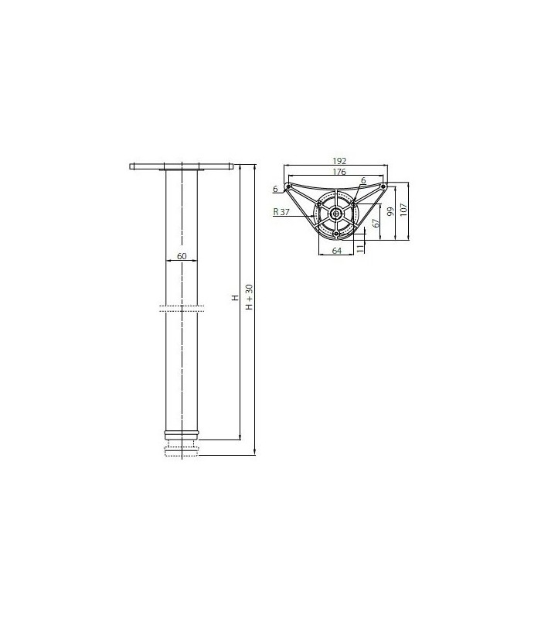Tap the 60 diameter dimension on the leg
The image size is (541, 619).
pyautogui.click(x=182, y=256)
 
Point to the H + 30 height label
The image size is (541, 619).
pyautogui.click(x=249, y=297)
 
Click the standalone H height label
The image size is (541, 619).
pyautogui.click(x=235, y=297)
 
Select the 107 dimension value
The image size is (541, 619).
pyautogui.click(x=403, y=210)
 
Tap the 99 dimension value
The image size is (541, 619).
pyautogui.click(x=391, y=213)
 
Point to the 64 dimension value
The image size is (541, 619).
pyautogui.click(x=336, y=250)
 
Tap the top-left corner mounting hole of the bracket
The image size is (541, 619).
pyautogui.click(x=288, y=187)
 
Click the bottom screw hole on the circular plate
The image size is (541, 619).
pyautogui.click(x=336, y=233)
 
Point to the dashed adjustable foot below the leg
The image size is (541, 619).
pyautogui.click(x=182, y=450)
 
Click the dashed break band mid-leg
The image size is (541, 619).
pyautogui.click(x=182, y=308)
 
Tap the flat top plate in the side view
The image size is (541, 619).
pyautogui.click(x=182, y=166)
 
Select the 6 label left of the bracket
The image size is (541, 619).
pyautogui.click(x=275, y=188)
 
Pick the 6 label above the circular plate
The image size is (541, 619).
pyautogui.click(x=363, y=180)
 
